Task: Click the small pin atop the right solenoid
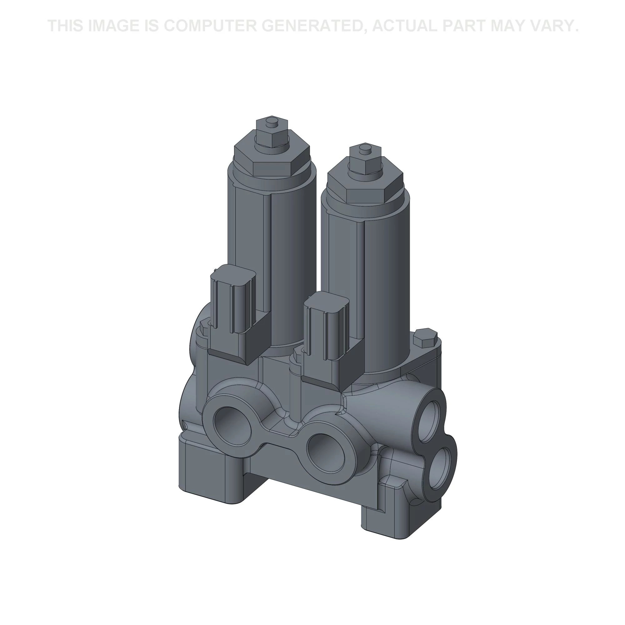click(x=365, y=148)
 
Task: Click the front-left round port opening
click(x=232, y=424)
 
